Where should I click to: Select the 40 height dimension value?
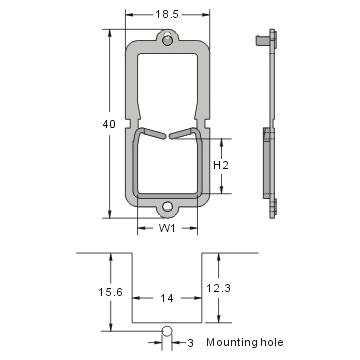coord(93,124)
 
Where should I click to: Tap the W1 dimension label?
coord(168,228)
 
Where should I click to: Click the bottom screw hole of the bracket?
coord(168,208)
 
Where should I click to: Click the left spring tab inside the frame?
coord(150,132)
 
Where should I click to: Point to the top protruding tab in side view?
coord(262,40)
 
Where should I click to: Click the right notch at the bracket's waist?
coord(206,125)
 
